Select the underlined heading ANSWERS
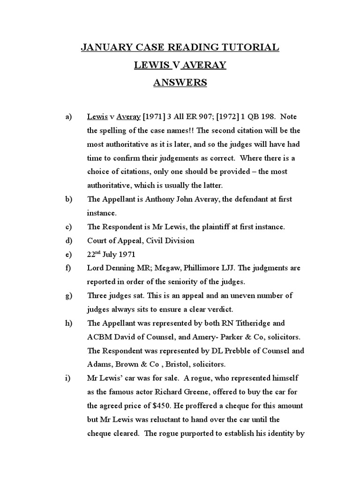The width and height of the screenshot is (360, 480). coord(180,82)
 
